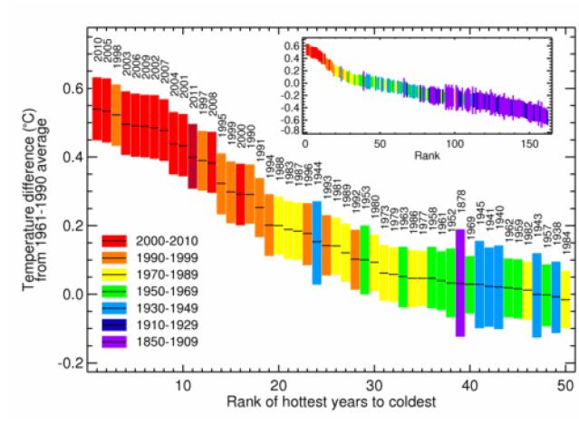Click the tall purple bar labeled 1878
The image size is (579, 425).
[460, 283]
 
